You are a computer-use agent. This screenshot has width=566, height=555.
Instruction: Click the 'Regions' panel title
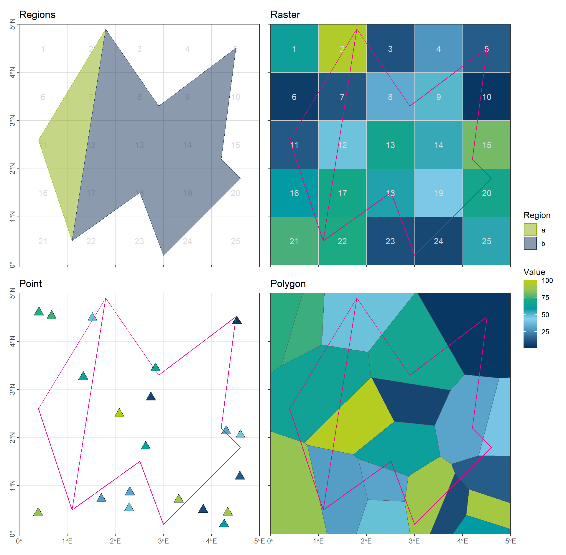coord(37,15)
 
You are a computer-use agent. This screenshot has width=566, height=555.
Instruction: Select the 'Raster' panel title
coord(285,15)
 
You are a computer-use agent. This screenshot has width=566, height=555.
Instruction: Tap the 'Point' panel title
coord(30,284)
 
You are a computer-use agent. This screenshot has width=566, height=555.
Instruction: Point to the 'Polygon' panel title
coord(288,284)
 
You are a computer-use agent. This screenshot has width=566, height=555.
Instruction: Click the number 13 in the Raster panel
coord(390,145)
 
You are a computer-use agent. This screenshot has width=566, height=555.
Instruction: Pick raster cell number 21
coord(294,241)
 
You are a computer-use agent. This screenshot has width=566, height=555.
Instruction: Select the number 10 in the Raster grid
coord(486,97)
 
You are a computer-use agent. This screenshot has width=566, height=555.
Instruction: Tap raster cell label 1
coord(294,49)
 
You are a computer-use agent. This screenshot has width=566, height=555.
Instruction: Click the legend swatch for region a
coord(530,230)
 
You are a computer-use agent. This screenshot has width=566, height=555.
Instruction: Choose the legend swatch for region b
coord(530,243)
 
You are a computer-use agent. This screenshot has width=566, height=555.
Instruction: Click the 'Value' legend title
coord(534,272)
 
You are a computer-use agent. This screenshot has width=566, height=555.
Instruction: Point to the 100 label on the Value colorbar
coord(547,281)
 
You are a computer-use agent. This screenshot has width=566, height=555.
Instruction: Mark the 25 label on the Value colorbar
coord(545,332)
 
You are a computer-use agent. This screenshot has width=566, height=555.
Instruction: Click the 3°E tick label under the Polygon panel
coord(414,541)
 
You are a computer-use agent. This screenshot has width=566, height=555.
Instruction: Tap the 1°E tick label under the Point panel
coord(67,541)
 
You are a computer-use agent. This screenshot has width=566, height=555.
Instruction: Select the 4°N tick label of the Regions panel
coord(12,72)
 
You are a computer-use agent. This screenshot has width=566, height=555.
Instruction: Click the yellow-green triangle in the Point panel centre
coord(119,413)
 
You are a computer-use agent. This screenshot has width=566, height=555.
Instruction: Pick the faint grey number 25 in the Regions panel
coord(235,241)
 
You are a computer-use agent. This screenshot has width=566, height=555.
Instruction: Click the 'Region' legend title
coord(537,215)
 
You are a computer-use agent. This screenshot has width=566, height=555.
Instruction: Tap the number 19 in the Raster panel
coord(439,193)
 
